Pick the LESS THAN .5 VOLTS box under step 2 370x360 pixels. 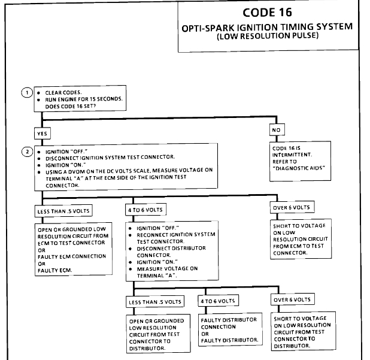pos(62,211)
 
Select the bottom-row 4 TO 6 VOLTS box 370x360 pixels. pos(217,300)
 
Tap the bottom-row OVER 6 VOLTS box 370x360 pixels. pos(293,300)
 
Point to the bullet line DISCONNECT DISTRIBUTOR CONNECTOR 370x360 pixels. pos(165,251)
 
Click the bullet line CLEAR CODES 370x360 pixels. pos(66,93)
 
